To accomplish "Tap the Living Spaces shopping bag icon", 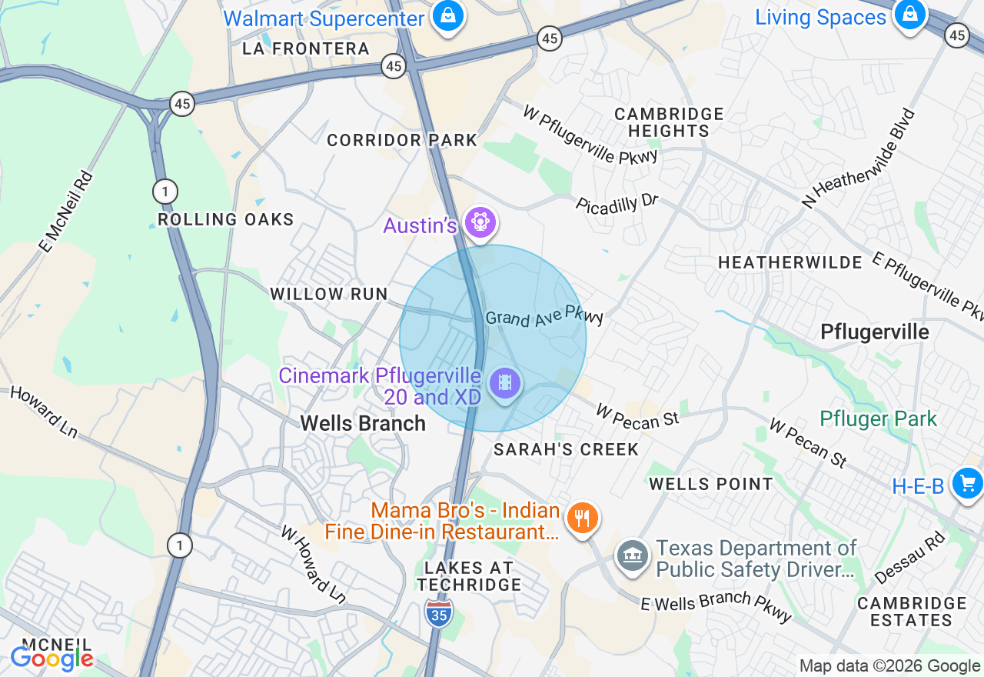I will (909, 14).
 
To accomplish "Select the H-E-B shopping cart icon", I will (967, 484).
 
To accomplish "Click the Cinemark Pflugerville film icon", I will (504, 382).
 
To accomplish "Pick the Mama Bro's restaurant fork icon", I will (583, 518).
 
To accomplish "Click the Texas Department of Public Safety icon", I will (632, 555).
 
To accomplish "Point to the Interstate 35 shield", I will (438, 612).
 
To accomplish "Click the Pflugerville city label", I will (875, 332).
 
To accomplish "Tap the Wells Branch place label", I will (363, 423).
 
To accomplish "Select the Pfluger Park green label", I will (878, 419).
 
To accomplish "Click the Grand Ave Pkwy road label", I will (544, 316).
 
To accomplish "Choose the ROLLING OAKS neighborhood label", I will (226, 219).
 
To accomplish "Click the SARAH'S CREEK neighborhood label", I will (566, 449).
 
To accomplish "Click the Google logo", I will (52, 659).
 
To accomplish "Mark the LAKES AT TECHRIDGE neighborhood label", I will (468, 576).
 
